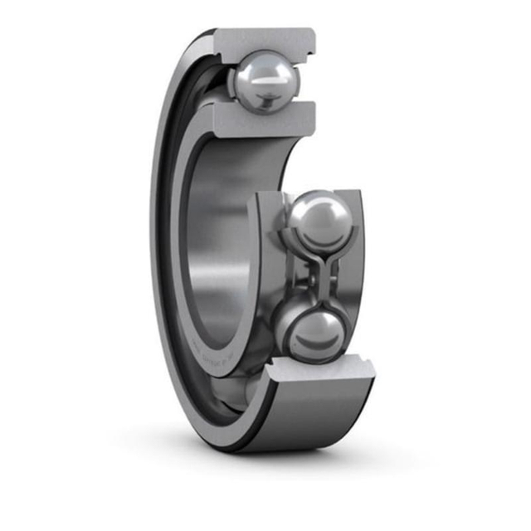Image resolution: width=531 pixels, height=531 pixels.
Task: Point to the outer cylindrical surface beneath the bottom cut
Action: coord(315,415)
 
